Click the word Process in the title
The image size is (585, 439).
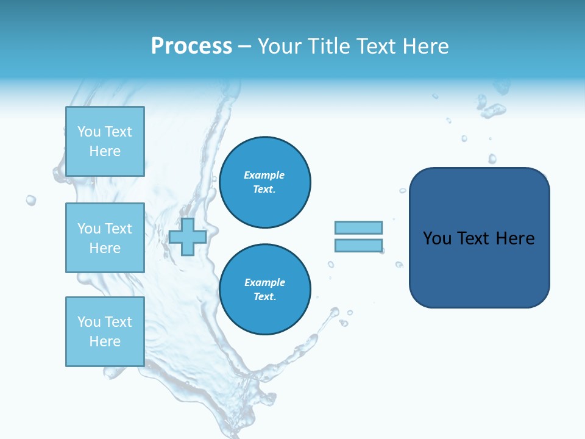(191, 46)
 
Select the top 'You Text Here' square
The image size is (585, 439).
(105, 141)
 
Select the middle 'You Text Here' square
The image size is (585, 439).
(105, 238)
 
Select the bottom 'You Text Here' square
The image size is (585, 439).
(105, 332)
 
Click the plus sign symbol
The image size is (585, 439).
(187, 237)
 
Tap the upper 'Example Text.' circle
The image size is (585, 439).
(265, 182)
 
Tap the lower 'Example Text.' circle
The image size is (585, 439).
(265, 290)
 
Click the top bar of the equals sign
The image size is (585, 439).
(358, 227)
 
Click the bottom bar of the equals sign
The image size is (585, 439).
(358, 246)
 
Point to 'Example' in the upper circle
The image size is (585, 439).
(264, 175)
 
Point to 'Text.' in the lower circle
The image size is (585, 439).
(264, 297)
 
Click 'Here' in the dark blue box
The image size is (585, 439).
(515, 238)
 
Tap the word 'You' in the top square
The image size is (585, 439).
(89, 132)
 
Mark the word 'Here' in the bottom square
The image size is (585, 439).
(105, 341)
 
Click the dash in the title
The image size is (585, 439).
(244, 47)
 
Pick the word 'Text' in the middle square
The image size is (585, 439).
(118, 229)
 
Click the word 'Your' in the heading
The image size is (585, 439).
(278, 46)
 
